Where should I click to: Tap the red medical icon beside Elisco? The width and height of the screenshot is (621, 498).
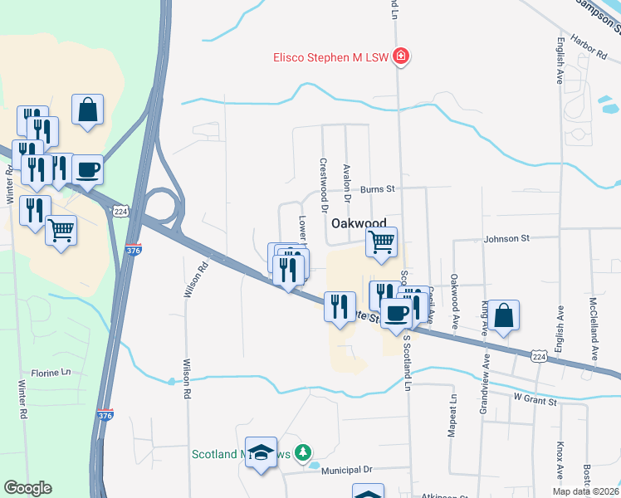pyautogui.click(x=400, y=56)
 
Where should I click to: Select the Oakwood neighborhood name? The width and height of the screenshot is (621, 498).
pyautogui.click(x=359, y=224)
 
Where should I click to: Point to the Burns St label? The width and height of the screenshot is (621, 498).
pyautogui.click(x=376, y=189)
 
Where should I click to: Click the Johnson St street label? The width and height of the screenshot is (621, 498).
pyautogui.click(x=506, y=239)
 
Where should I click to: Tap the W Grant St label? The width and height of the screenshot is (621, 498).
pyautogui.click(x=536, y=399)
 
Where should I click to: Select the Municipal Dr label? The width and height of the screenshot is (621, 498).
pyautogui.click(x=349, y=470)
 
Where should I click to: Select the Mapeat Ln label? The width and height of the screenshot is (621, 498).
pyautogui.click(x=454, y=415)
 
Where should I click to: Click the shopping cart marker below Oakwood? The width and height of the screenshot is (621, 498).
pyautogui.click(x=381, y=242)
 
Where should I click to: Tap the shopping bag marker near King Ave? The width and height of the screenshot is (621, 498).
pyautogui.click(x=503, y=316)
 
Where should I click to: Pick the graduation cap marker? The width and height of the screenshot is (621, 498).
pyautogui.click(x=262, y=453)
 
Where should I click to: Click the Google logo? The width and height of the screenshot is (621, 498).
pyautogui.click(x=27, y=488)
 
